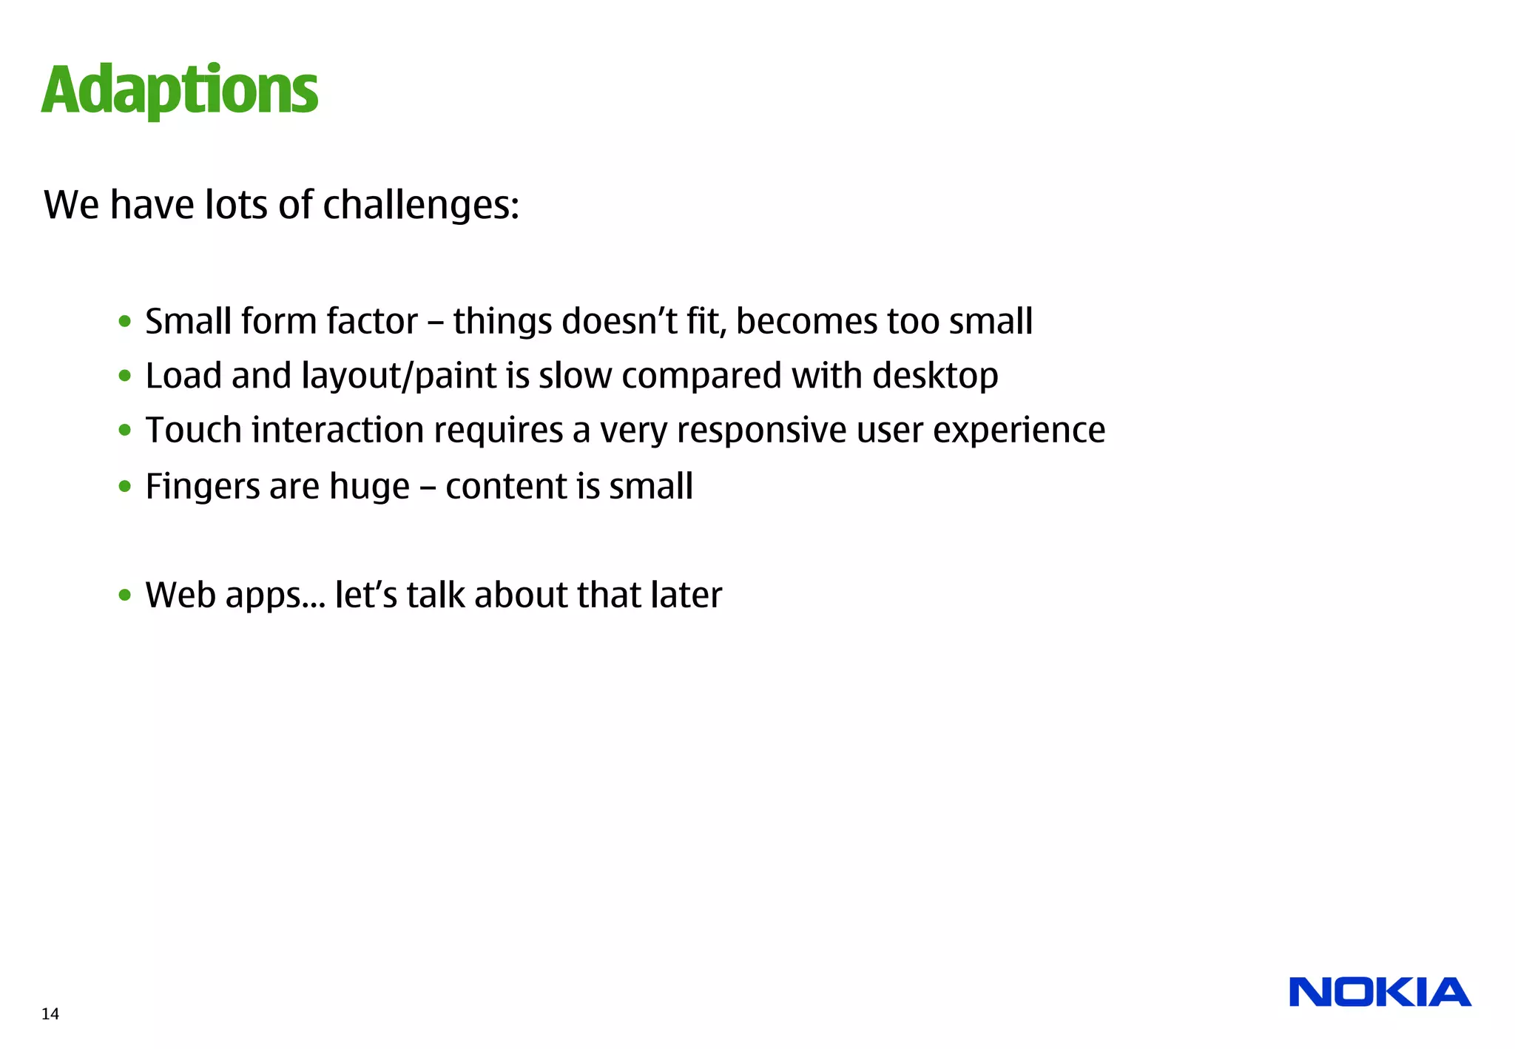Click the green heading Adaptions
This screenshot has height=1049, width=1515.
(180, 91)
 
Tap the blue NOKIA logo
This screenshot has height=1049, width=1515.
(1380, 992)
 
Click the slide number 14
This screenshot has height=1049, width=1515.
(50, 1014)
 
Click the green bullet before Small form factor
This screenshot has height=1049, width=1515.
(125, 322)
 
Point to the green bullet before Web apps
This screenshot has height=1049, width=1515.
(125, 595)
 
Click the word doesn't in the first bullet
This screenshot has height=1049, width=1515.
(620, 321)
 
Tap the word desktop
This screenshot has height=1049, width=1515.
(935, 376)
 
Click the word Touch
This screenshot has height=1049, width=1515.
(194, 430)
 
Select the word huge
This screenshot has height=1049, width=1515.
(369, 487)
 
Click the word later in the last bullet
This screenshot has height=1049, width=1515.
(686, 595)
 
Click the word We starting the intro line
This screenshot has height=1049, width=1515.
(72, 205)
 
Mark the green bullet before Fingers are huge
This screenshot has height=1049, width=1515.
(125, 487)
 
